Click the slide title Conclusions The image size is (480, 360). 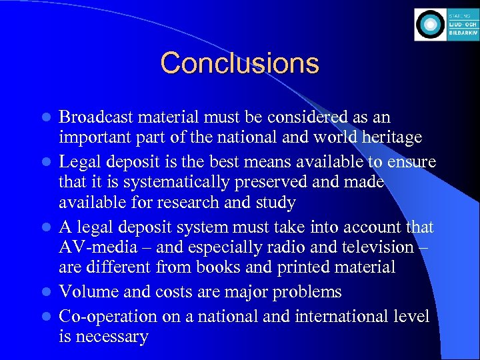[x=239, y=63]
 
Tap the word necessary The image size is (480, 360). [x=111, y=337]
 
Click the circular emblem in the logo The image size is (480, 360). [x=429, y=25]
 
